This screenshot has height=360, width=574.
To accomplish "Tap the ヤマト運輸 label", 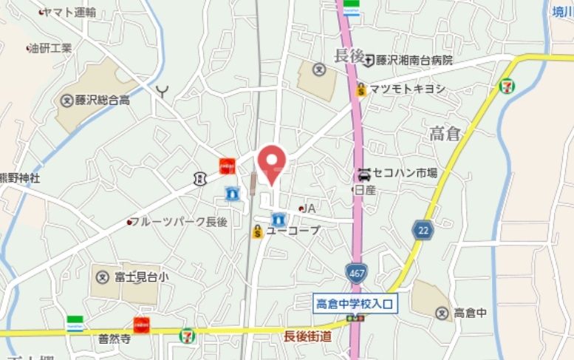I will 69,12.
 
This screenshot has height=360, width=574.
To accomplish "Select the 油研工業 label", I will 52,49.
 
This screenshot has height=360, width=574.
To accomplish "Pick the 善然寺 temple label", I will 115,339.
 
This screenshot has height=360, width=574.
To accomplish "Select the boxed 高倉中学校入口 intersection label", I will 356,303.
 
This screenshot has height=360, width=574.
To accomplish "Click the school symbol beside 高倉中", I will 442,313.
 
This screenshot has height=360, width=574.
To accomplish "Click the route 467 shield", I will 358,272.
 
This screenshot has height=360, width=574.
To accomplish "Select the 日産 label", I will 365,190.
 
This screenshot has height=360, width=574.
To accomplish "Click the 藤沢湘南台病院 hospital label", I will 414,61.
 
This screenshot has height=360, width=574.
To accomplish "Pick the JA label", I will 310,208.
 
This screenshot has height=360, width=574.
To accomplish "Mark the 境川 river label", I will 562,11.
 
